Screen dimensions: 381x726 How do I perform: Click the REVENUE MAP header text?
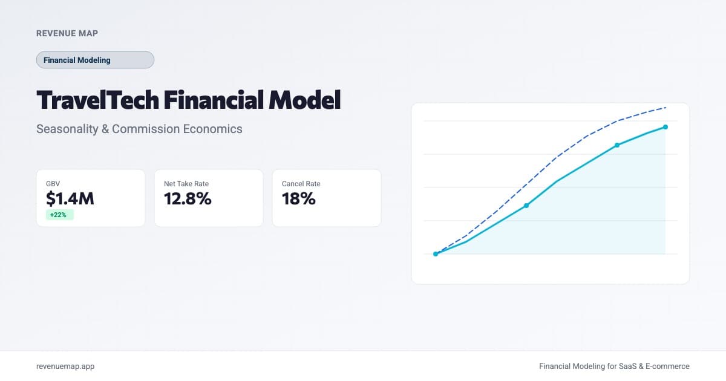[67, 33]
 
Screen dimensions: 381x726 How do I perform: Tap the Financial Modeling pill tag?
[95, 60]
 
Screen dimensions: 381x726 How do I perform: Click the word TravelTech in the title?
[96, 100]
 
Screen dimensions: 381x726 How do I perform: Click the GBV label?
[53, 183]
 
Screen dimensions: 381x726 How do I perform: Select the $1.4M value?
[70, 198]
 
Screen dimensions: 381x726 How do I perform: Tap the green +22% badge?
[59, 215]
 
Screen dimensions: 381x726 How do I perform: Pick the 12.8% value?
[188, 198]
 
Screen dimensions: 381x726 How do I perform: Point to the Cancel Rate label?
[301, 183]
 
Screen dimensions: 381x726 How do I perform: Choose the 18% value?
[299, 198]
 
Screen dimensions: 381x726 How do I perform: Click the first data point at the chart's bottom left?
[436, 254]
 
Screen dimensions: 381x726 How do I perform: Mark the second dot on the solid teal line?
[526, 206]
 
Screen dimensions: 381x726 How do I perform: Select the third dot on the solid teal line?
[617, 145]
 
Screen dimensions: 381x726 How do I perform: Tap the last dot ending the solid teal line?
[665, 127]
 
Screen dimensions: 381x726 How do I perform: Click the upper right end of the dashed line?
[665, 108]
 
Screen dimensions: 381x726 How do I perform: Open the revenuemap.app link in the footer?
[65, 366]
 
